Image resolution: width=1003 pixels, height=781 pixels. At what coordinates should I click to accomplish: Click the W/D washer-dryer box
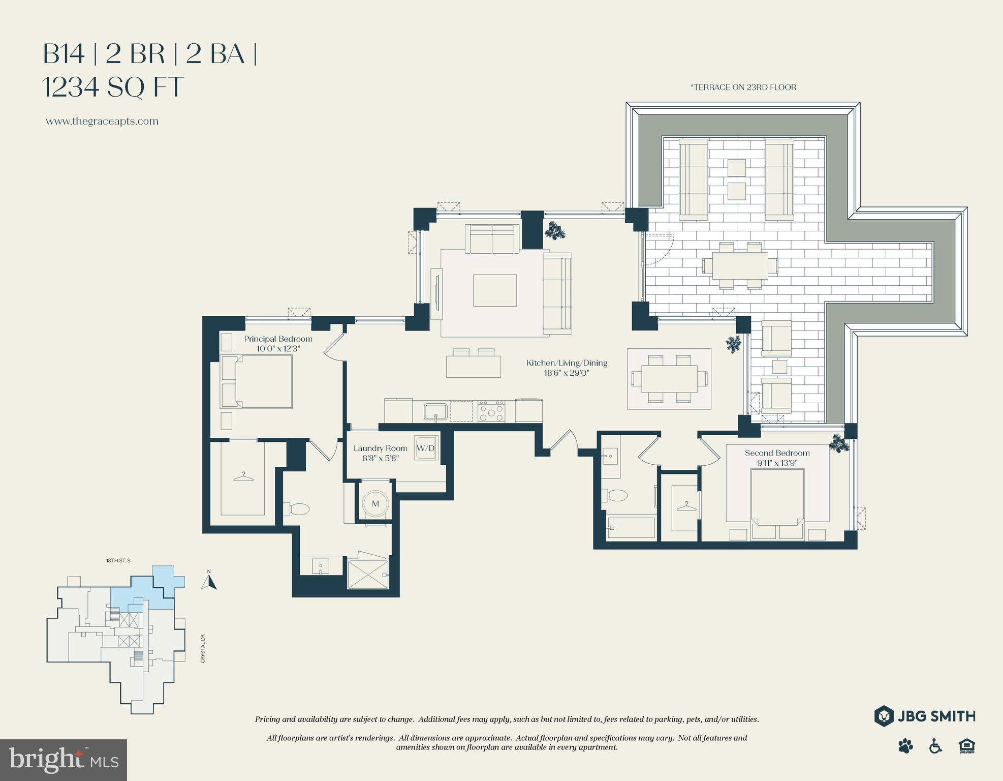[x=426, y=448]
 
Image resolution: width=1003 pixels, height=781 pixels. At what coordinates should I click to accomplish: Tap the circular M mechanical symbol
[x=375, y=504]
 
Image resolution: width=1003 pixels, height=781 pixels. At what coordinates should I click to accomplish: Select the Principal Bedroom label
[x=278, y=339]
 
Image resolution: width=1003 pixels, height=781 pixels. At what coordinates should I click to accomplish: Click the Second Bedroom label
[x=777, y=453]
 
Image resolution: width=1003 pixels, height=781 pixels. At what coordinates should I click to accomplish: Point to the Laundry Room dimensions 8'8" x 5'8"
[x=381, y=458]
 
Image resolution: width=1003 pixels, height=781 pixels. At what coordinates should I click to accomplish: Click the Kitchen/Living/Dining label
[x=567, y=363]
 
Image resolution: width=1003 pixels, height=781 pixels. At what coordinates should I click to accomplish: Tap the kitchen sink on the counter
[x=436, y=411]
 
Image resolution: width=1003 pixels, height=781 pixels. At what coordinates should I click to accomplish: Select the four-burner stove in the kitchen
[x=491, y=411]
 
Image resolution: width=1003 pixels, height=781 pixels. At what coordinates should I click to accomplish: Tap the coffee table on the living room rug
[x=495, y=290]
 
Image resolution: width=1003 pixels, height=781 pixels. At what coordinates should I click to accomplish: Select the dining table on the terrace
[x=740, y=265]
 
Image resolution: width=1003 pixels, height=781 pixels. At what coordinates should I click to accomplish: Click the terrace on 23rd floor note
[x=743, y=87]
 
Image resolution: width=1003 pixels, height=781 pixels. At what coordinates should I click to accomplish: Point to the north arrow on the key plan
[x=209, y=580]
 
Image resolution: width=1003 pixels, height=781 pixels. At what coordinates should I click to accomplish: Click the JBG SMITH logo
[x=925, y=716]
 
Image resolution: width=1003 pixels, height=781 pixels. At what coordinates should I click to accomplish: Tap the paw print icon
[x=905, y=746]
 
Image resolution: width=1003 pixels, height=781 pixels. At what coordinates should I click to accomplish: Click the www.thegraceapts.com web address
[x=102, y=122]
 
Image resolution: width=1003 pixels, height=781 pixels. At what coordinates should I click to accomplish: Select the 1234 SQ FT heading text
[x=112, y=87]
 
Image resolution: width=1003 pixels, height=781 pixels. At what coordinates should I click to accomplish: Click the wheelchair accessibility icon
[x=935, y=746]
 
